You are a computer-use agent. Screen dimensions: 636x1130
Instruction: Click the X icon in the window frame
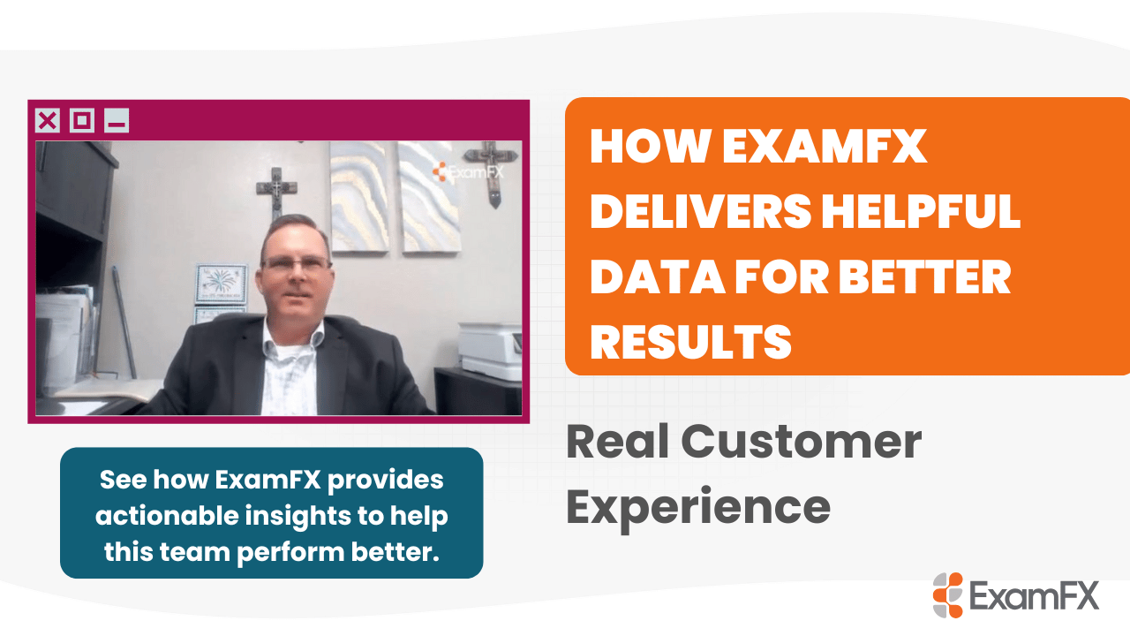tap(47, 121)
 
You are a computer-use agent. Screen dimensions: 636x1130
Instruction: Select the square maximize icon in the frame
tap(82, 121)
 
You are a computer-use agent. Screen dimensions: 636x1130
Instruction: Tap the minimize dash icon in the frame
tap(117, 121)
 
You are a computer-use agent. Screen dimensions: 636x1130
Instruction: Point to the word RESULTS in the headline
tap(690, 339)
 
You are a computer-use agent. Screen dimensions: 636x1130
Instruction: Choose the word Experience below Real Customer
tap(697, 505)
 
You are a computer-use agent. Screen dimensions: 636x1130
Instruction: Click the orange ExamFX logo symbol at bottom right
tap(948, 595)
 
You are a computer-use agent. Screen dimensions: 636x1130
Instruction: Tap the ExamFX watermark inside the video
tap(467, 172)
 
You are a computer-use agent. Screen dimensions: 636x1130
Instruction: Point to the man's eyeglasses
tap(295, 263)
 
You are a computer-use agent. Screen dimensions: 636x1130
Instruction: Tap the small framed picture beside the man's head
tap(222, 283)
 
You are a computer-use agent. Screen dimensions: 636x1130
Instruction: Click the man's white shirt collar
tap(291, 336)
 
